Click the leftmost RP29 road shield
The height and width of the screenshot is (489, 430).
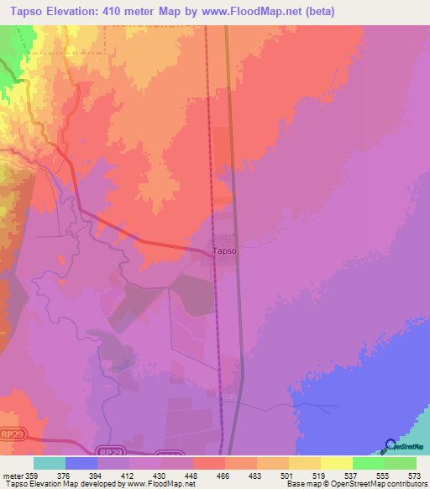click(x=13, y=434)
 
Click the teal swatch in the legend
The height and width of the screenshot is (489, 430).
click(x=50, y=463)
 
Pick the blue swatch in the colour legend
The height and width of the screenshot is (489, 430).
click(x=81, y=463)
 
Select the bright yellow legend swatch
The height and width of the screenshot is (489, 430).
click(x=337, y=463)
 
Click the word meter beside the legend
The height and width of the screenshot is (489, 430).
click(x=13, y=475)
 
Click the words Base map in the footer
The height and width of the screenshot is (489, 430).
click(x=301, y=484)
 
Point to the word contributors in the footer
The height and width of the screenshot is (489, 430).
click(x=405, y=484)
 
